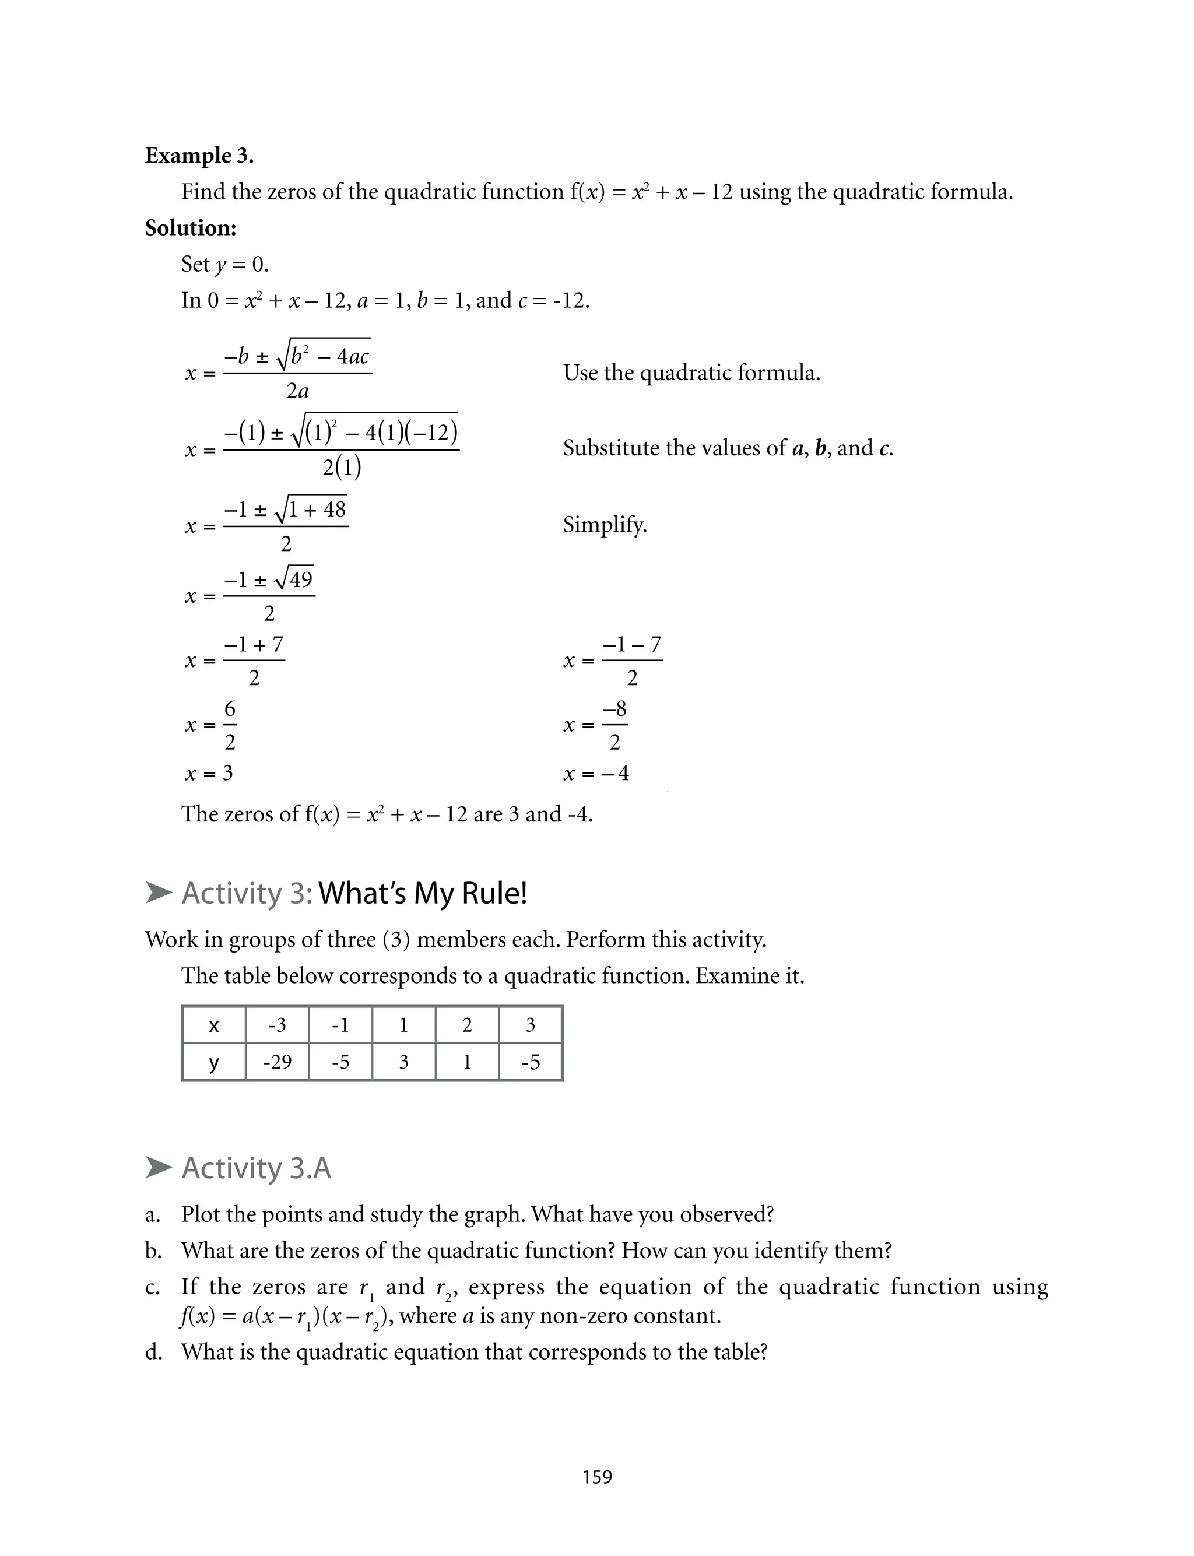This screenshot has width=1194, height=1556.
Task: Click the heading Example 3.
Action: click(x=199, y=156)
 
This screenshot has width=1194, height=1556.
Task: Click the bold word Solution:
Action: click(x=191, y=228)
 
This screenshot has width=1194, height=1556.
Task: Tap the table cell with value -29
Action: click(x=277, y=1062)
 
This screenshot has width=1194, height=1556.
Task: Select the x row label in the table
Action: click(x=213, y=1025)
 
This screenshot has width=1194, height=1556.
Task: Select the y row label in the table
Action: click(x=213, y=1062)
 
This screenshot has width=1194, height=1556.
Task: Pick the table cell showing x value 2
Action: click(x=467, y=1025)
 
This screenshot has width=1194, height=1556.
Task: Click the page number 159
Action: click(x=597, y=1477)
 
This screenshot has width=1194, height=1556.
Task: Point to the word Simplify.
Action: click(x=605, y=525)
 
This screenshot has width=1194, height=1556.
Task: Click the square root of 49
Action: click(x=294, y=579)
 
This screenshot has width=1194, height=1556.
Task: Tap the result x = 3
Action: click(x=209, y=773)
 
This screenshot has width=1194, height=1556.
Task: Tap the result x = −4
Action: click(x=596, y=773)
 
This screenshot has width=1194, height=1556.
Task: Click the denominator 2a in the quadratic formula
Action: click(x=297, y=391)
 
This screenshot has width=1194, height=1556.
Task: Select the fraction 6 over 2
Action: click(x=230, y=725)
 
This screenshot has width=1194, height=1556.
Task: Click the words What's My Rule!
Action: click(x=423, y=893)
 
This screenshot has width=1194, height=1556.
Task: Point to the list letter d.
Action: click(x=153, y=1352)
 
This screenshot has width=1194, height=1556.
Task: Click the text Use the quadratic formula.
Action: click(x=691, y=373)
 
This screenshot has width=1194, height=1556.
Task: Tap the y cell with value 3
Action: click(x=403, y=1062)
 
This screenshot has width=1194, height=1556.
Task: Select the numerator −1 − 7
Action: click(x=632, y=644)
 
